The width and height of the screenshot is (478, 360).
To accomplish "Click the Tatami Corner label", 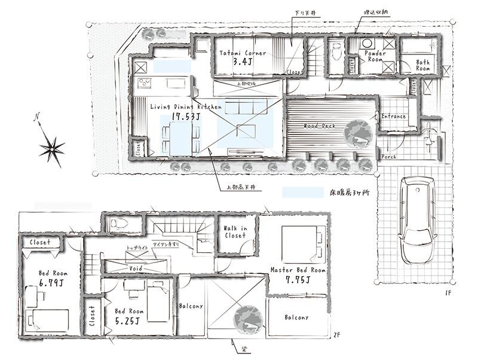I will [242, 53].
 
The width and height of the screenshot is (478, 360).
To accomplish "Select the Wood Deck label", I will [318, 126].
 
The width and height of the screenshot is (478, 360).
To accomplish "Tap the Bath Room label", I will [423, 65].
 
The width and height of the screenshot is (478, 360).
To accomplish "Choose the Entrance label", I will [393, 117].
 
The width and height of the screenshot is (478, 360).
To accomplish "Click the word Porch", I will [389, 157].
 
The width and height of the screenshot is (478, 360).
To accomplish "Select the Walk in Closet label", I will [235, 232].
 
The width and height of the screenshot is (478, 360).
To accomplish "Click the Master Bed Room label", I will [298, 270].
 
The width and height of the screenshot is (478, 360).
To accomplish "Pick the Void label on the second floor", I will [136, 269].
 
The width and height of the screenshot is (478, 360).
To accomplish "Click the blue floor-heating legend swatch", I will [302, 193].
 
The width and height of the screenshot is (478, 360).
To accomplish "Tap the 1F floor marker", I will [448, 292].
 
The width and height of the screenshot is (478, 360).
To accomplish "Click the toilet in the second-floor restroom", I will [117, 224].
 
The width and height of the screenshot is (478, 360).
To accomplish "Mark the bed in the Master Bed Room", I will [304, 242].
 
